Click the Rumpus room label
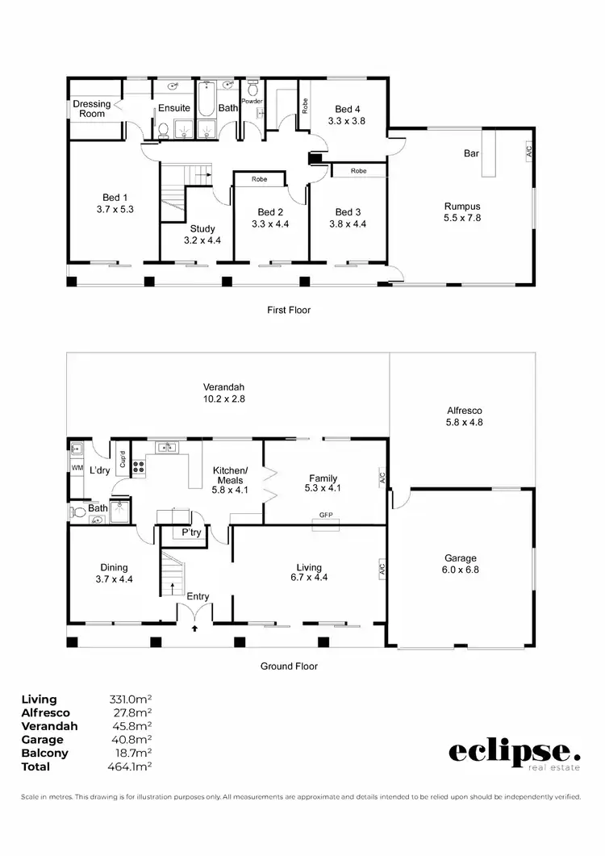click(462, 206)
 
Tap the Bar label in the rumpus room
click(472, 153)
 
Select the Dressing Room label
click(91, 109)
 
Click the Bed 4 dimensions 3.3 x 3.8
click(347, 120)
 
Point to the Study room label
click(202, 228)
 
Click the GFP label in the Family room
click(326, 514)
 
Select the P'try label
click(191, 533)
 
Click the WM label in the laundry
click(77, 468)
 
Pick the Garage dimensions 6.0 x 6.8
click(461, 570)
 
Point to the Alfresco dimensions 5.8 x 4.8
click(464, 421)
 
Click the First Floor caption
click(288, 310)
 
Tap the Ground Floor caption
click(288, 666)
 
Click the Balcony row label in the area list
click(44, 753)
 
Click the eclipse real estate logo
click(514, 754)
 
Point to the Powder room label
click(252, 101)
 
